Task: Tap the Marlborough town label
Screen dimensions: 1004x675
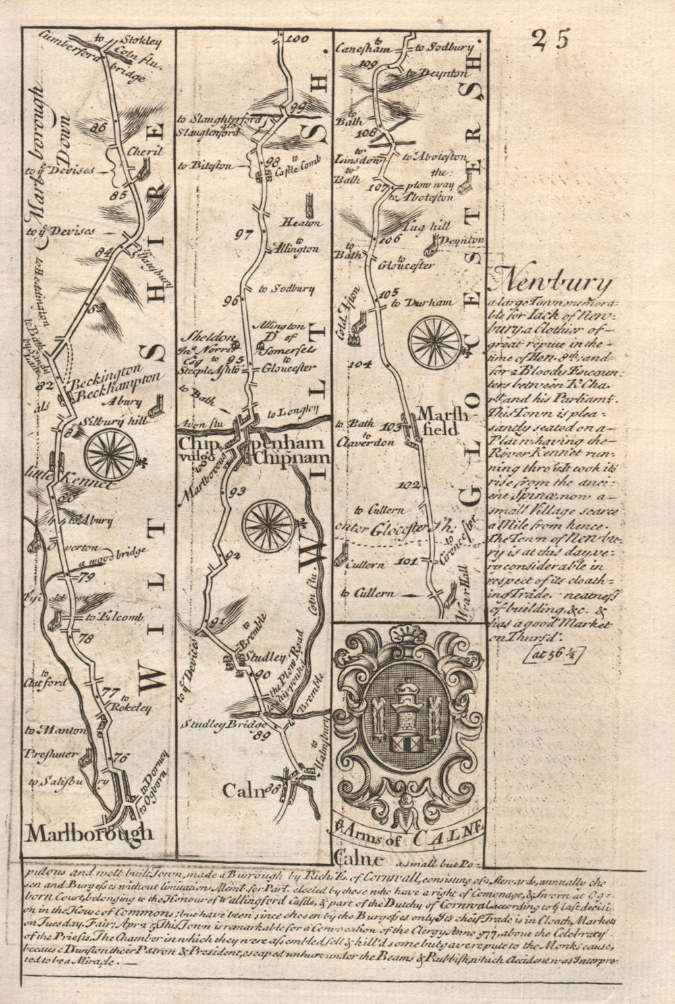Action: point(90,833)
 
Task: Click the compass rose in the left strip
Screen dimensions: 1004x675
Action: point(111,454)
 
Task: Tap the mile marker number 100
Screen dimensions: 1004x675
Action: point(292,39)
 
